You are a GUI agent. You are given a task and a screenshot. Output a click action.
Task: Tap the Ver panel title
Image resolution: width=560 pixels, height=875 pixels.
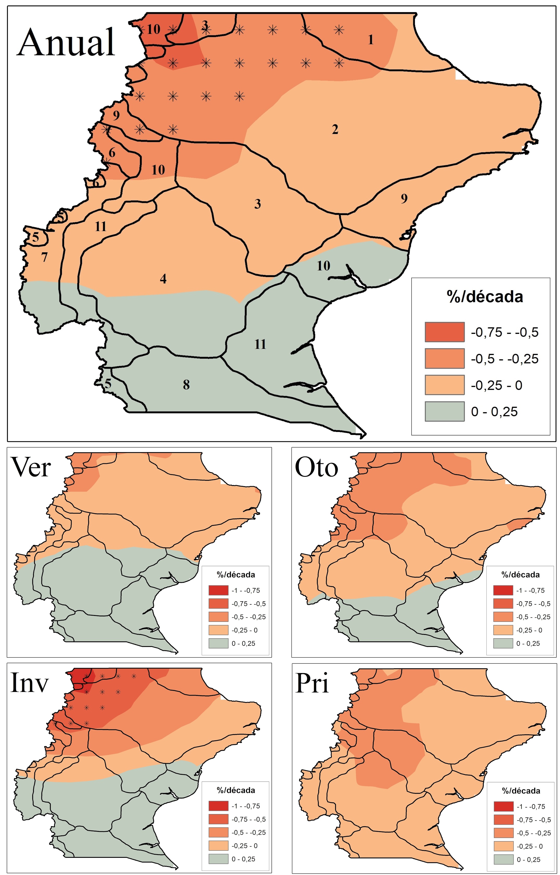click(31, 467)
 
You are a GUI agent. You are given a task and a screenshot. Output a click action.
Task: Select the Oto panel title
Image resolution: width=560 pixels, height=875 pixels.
click(316, 467)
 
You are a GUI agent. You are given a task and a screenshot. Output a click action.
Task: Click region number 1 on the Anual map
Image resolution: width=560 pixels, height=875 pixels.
click(371, 39)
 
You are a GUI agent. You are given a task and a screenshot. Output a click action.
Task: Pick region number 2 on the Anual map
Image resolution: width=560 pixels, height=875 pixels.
click(335, 129)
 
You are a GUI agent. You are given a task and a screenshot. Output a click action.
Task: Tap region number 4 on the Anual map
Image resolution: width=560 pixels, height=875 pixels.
click(163, 279)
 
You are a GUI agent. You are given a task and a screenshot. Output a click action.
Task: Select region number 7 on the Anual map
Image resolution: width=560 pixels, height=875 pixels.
click(44, 257)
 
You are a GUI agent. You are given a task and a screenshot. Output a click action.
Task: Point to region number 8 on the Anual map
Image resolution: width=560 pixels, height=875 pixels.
click(186, 385)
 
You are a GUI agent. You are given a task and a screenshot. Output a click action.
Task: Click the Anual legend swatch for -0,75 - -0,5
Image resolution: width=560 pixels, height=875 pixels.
click(444, 332)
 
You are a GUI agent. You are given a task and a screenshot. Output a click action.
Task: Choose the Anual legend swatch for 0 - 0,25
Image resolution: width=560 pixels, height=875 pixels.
click(444, 411)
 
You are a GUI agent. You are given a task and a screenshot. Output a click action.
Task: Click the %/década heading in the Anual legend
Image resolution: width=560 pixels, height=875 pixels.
click(485, 297)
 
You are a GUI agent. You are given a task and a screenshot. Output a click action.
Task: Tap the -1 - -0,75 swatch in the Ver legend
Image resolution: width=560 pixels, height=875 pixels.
click(218, 590)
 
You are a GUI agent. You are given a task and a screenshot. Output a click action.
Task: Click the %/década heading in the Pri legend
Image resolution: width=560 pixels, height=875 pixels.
click(521, 791)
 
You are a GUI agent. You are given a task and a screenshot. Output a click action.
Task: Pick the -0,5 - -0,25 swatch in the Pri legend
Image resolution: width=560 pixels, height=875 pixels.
click(503, 833)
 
